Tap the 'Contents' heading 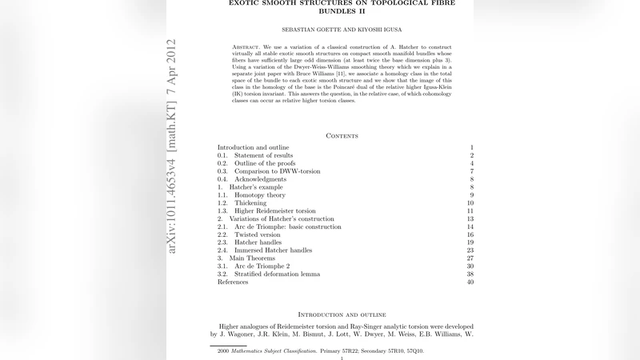(x=342, y=136)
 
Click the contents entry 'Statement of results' (x=264, y=155)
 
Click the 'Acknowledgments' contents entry (x=261, y=179)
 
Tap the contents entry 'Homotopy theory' (x=260, y=195)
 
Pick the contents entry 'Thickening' (x=251, y=203)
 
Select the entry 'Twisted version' (x=258, y=234)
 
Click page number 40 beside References (x=470, y=282)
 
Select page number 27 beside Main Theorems (x=470, y=258)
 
